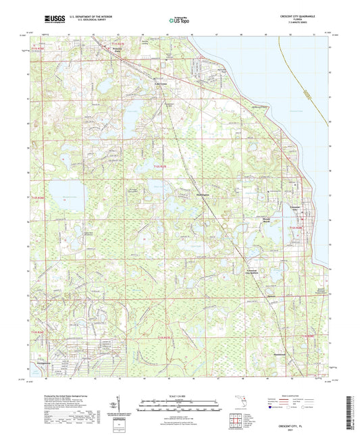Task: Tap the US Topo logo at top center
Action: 179,20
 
